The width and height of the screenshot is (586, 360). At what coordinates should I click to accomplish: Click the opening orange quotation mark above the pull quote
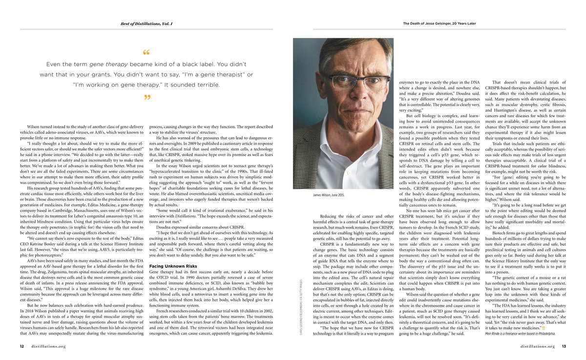(146, 52)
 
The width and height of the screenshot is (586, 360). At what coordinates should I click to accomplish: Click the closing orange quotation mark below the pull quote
(146, 98)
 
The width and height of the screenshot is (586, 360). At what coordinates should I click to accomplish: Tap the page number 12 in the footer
(22, 346)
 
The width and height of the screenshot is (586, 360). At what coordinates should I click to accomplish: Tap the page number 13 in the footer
(564, 346)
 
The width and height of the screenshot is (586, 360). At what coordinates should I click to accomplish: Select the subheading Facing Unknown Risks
(169, 266)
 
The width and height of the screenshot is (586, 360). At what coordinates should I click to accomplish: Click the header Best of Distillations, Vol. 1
(146, 23)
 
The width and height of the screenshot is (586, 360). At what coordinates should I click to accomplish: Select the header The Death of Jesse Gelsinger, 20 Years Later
(439, 23)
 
